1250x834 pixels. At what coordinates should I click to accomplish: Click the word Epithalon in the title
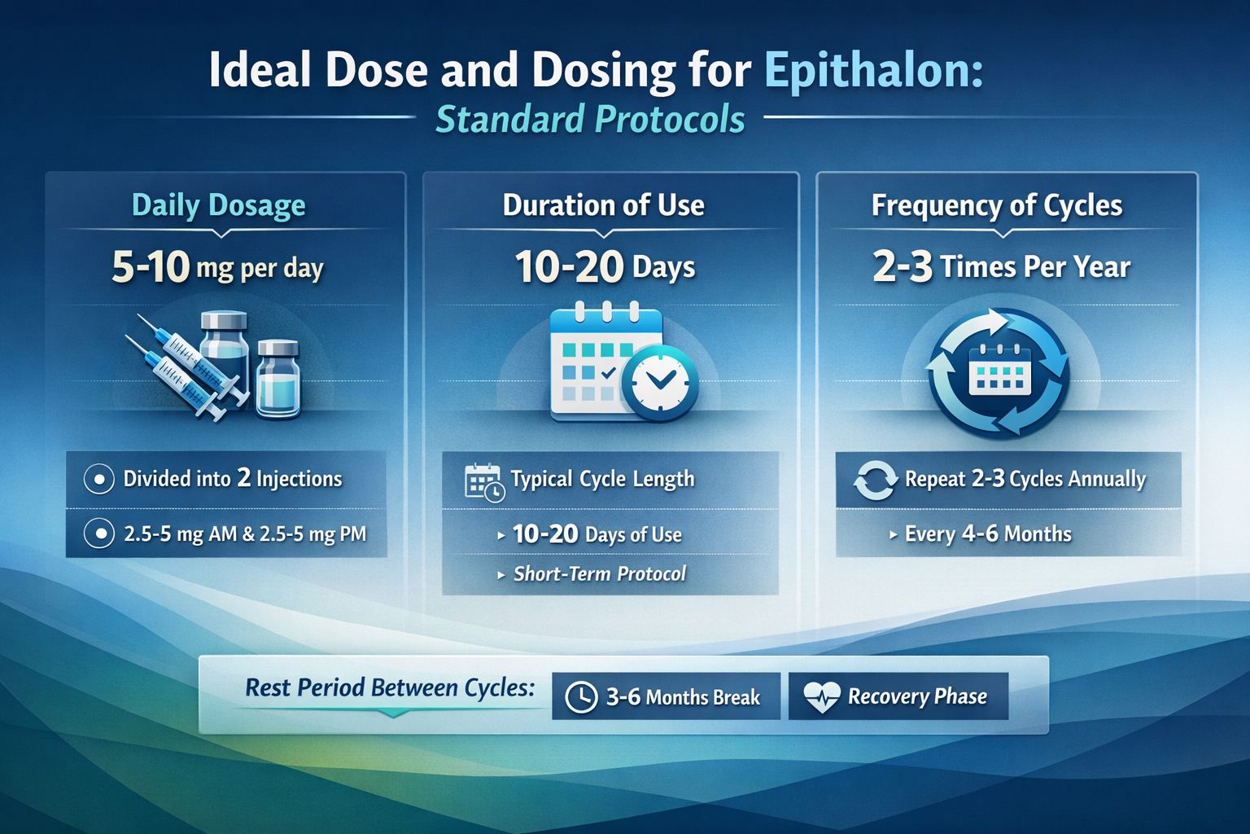click(x=873, y=70)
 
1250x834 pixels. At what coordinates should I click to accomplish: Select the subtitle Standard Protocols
click(x=590, y=119)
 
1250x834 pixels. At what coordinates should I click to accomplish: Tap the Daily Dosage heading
click(x=218, y=205)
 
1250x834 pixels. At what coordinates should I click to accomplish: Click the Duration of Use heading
click(x=603, y=205)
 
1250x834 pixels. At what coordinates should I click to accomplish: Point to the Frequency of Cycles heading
click(x=997, y=205)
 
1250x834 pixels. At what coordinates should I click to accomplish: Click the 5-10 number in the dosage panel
click(x=151, y=267)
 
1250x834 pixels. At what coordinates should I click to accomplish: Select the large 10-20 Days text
click(x=605, y=267)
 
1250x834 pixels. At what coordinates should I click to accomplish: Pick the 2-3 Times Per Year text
click(x=1001, y=267)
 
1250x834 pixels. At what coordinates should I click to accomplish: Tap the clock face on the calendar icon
click(x=660, y=384)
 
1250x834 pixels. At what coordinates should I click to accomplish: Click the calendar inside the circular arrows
click(x=999, y=372)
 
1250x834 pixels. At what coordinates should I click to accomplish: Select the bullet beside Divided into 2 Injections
click(x=99, y=479)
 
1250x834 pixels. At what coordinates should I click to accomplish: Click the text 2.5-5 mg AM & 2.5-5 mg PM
click(x=245, y=534)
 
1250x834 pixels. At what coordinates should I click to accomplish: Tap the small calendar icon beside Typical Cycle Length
click(x=483, y=481)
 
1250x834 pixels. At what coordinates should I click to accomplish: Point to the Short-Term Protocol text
click(x=600, y=574)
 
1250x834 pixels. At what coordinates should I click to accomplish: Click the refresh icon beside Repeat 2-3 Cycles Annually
click(x=874, y=480)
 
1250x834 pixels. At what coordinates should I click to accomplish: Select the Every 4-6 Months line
click(x=988, y=534)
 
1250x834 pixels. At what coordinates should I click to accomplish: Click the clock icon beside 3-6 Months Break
click(x=581, y=697)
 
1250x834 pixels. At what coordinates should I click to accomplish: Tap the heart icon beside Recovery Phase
click(x=821, y=697)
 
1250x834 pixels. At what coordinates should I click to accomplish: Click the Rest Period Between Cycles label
click(x=390, y=688)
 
